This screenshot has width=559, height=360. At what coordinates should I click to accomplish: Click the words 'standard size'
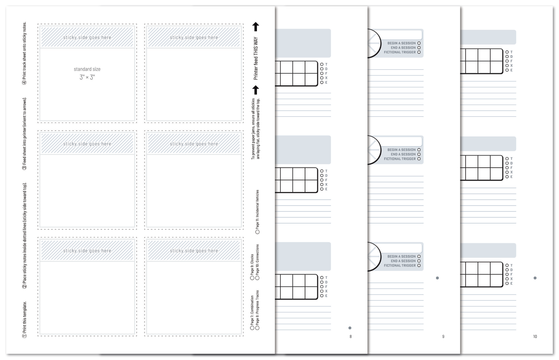point(87,69)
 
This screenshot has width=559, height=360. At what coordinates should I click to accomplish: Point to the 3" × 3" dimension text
point(87,77)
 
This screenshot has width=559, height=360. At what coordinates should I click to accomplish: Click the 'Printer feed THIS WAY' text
point(256,59)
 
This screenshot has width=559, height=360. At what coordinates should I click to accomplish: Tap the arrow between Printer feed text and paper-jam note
point(256,90)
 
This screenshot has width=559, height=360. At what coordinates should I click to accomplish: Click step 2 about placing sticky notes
point(25,236)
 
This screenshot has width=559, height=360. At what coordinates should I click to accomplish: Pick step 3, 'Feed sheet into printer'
point(25,134)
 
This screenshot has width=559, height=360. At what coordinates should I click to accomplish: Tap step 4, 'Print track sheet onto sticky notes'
point(25,53)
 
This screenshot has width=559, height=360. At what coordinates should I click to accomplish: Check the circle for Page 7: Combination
point(252,328)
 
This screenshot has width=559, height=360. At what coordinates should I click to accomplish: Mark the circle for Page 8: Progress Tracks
point(257,328)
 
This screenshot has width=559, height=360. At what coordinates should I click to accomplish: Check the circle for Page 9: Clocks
point(252,278)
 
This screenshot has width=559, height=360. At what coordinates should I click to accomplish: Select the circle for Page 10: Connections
point(257,278)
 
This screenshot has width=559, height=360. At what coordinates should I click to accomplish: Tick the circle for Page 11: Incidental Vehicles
point(257,232)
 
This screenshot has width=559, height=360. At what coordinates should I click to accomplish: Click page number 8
point(351,336)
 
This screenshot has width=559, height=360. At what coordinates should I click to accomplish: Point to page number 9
point(443,336)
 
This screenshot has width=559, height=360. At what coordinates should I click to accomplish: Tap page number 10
point(535,336)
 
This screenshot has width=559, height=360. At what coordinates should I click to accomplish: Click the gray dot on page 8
point(350,328)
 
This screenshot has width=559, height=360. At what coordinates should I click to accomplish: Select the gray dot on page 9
point(437,278)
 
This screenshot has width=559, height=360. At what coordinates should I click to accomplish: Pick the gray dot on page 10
point(535,278)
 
